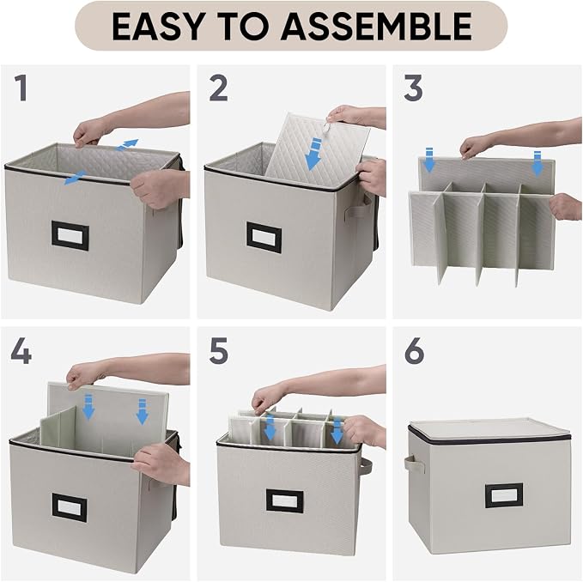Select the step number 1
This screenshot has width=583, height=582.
21,88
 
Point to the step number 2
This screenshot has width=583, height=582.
218,88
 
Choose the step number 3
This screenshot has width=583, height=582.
413,88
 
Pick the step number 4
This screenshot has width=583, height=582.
21,350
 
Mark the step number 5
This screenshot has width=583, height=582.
218,351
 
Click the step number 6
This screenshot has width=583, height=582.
414,351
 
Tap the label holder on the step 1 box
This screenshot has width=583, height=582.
70,235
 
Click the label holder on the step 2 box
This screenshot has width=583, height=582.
264,238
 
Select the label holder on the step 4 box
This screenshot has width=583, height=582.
70,507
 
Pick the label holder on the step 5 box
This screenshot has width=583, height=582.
285,501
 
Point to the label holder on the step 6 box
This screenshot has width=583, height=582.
504,495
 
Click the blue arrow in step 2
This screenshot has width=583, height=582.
313,154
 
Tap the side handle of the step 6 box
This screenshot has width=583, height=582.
414,464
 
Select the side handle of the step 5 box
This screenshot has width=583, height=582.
366,466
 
